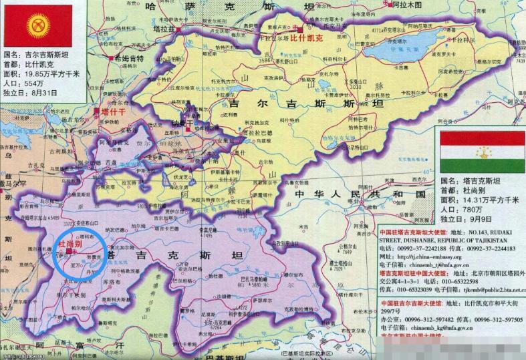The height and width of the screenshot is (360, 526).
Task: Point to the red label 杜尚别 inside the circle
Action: coord(70,245)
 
